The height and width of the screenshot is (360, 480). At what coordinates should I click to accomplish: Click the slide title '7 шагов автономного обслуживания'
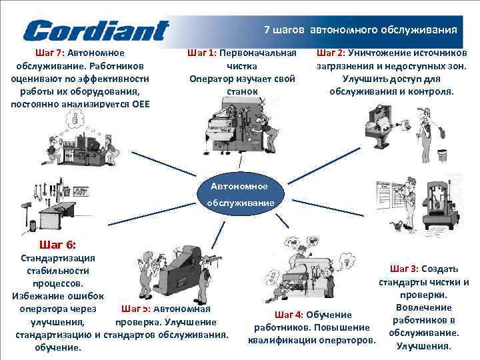(x=361, y=30)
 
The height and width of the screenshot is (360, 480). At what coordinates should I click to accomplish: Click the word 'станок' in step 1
(x=241, y=91)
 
